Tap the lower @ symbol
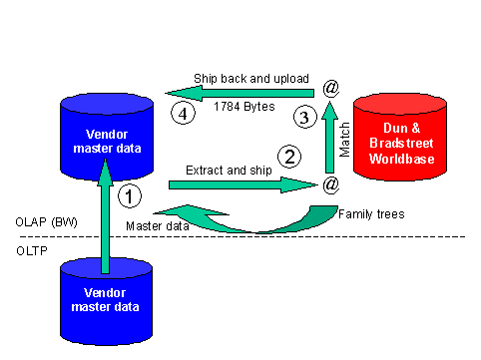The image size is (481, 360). tap(330, 184)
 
